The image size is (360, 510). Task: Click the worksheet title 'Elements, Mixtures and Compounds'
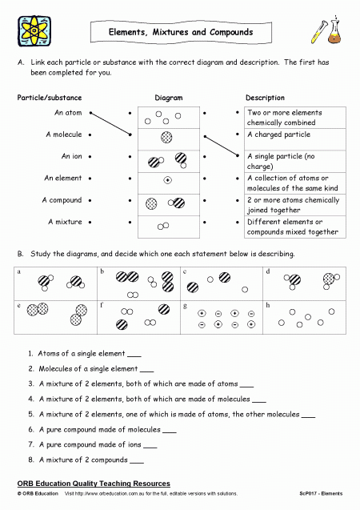click(x=180, y=33)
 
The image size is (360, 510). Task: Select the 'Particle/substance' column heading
click(x=49, y=98)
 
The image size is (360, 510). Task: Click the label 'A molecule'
click(x=63, y=135)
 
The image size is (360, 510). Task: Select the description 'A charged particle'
click(x=278, y=135)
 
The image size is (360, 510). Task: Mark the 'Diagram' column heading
click(x=168, y=98)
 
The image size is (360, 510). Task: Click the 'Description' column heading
click(x=265, y=98)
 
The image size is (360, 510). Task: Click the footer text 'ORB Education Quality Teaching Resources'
click(x=94, y=484)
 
